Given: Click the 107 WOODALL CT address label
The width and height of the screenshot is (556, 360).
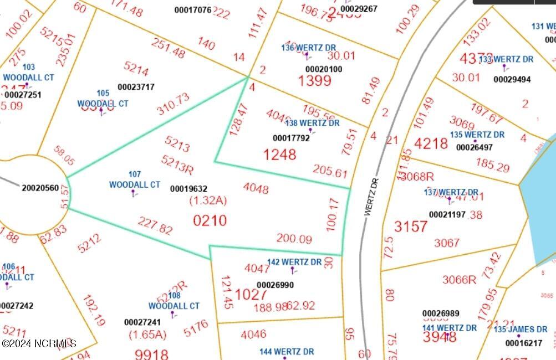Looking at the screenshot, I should pos(134,180).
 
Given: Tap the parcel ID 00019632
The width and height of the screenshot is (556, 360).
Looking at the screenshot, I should pos(188,189).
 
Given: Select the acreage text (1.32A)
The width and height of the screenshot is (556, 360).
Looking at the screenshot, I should pos(208,200).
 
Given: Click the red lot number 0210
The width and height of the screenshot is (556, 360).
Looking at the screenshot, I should pos(210,220).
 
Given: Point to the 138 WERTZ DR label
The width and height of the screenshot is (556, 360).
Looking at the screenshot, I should pos(312,123).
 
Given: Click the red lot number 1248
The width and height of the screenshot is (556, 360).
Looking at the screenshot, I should pos(279,154).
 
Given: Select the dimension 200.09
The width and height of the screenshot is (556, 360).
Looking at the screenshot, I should pos(294,239).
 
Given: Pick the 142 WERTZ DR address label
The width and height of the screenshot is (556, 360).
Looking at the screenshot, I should pos(294,262).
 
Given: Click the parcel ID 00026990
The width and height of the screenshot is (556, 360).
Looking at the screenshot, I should pos(275,285).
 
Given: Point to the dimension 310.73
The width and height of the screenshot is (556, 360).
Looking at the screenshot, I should pos(173,104).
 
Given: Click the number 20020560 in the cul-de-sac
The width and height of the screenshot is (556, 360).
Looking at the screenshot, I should pos(40,188).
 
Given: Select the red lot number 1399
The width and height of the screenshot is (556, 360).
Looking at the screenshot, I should pos(314,81).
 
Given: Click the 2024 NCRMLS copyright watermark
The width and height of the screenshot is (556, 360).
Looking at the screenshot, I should pos(39,344).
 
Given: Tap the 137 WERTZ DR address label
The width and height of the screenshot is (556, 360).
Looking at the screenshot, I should pos(451,192).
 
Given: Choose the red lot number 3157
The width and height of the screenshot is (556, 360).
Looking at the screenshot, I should pos(411,226).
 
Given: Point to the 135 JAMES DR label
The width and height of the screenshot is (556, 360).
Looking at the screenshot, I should pos(521,329).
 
